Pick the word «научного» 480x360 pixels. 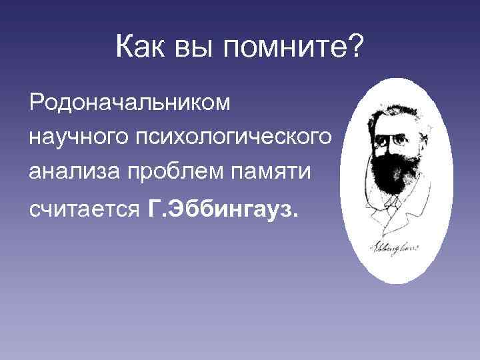(x=73, y=137)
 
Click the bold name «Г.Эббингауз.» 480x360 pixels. (x=221, y=211)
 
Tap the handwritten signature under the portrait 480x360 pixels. (x=393, y=248)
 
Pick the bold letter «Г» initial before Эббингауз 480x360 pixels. (x=153, y=211)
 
